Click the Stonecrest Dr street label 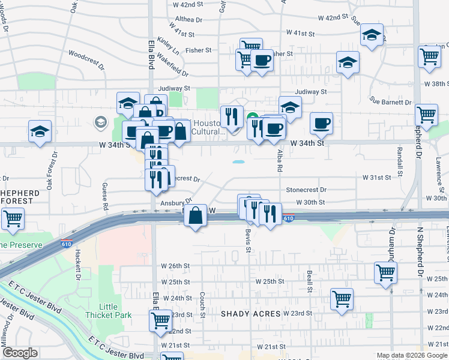[306, 190]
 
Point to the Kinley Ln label [168, 43]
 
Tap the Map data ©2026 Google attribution [412, 355]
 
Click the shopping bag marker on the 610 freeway [195, 216]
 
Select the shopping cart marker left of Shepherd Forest [13, 219]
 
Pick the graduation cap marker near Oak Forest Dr [40, 132]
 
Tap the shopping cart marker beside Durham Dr [385, 272]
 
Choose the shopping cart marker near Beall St [342, 299]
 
